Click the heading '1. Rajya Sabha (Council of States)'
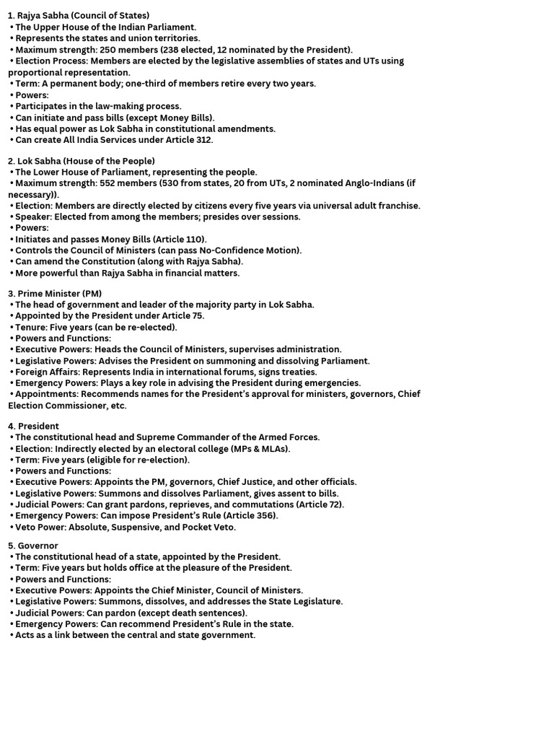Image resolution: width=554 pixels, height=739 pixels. tap(79, 16)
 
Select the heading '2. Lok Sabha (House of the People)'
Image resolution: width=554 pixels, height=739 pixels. tap(81, 161)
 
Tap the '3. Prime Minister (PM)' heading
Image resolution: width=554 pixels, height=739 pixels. tap(55, 294)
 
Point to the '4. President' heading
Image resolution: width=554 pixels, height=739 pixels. tap(33, 427)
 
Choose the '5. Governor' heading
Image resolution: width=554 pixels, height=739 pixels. tap(33, 546)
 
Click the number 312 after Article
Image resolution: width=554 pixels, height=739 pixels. tap(204, 140)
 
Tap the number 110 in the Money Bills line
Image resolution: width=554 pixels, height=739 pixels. tap(195, 240)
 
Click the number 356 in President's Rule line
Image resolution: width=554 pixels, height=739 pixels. tap(265, 516)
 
